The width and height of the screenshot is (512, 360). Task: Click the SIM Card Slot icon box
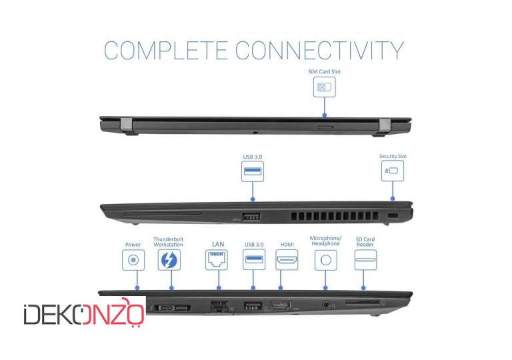pyautogui.click(x=324, y=87)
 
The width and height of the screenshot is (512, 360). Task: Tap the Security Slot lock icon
pyautogui.click(x=393, y=171)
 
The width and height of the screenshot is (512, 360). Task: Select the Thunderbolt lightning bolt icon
pyautogui.click(x=169, y=260)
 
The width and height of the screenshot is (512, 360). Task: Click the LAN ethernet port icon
pyautogui.click(x=217, y=260)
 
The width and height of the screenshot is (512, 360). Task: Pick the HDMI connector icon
pyautogui.click(x=287, y=260)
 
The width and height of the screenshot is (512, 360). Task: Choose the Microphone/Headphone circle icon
pyautogui.click(x=326, y=260)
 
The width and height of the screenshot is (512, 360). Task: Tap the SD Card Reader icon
pyautogui.click(x=365, y=260)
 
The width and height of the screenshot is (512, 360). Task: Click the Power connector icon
pyautogui.click(x=133, y=260)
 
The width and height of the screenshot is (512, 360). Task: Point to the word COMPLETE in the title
pyautogui.click(x=165, y=50)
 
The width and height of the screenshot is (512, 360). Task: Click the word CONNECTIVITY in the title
pyautogui.click(x=320, y=50)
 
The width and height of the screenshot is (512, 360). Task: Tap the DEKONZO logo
pyautogui.click(x=84, y=313)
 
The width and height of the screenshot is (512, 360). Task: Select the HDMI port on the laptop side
pyautogui.click(x=280, y=306)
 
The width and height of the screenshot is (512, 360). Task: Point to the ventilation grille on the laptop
pyautogui.click(x=335, y=215)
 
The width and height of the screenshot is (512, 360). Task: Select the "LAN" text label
pyautogui.click(x=218, y=244)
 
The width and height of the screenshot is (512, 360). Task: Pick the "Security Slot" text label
pyautogui.click(x=393, y=156)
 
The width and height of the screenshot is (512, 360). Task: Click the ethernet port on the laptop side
pyautogui.click(x=220, y=307)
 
